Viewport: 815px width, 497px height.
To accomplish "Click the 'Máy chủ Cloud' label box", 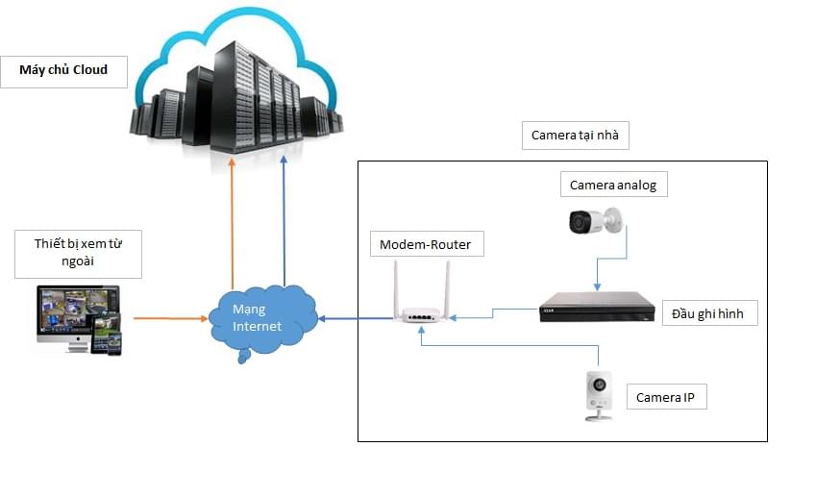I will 64,70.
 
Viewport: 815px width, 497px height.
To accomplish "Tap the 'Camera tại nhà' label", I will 575,136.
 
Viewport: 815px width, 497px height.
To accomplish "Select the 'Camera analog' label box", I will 613,185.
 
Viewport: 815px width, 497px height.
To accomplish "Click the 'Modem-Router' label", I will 426,244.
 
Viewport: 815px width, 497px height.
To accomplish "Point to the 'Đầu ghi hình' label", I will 709,312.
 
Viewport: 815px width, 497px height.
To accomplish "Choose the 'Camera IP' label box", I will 667,396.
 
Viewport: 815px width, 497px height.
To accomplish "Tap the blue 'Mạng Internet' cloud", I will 259,318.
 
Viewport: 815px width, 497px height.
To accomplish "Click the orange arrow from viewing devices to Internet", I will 169,317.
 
